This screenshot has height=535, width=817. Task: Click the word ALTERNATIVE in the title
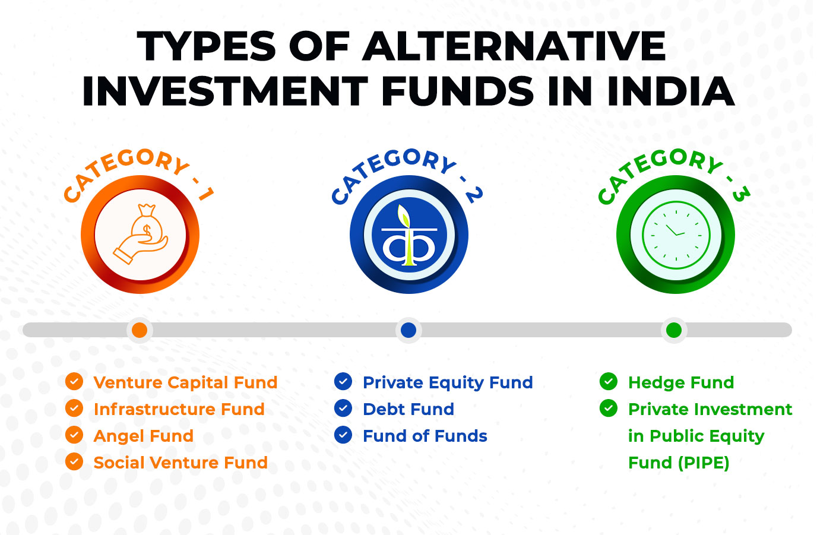pos(515,46)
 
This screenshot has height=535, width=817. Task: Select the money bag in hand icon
pos(141,234)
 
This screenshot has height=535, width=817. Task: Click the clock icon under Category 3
pos(676,235)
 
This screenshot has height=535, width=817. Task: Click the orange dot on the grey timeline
pos(140,330)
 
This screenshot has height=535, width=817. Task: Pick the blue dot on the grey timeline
pos(408,330)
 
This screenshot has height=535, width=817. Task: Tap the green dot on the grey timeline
pos(674,330)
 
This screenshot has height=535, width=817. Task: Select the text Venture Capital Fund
pos(186,382)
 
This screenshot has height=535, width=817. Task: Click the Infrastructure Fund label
pos(179,409)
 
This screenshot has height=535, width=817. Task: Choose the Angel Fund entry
pos(143,436)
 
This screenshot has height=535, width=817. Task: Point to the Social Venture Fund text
pos(180,463)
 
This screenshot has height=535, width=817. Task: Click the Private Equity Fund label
pos(448,383)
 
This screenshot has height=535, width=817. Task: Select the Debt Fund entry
pos(408,409)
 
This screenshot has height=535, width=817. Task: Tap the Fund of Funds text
pos(425,436)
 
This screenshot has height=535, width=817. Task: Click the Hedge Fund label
pos(681,382)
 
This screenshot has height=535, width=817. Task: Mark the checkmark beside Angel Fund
pos(74,435)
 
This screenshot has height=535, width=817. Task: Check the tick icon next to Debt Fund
pos(343,408)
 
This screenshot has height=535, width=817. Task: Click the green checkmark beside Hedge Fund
pos(609,381)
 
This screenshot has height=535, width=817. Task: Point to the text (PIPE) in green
pos(704,463)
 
